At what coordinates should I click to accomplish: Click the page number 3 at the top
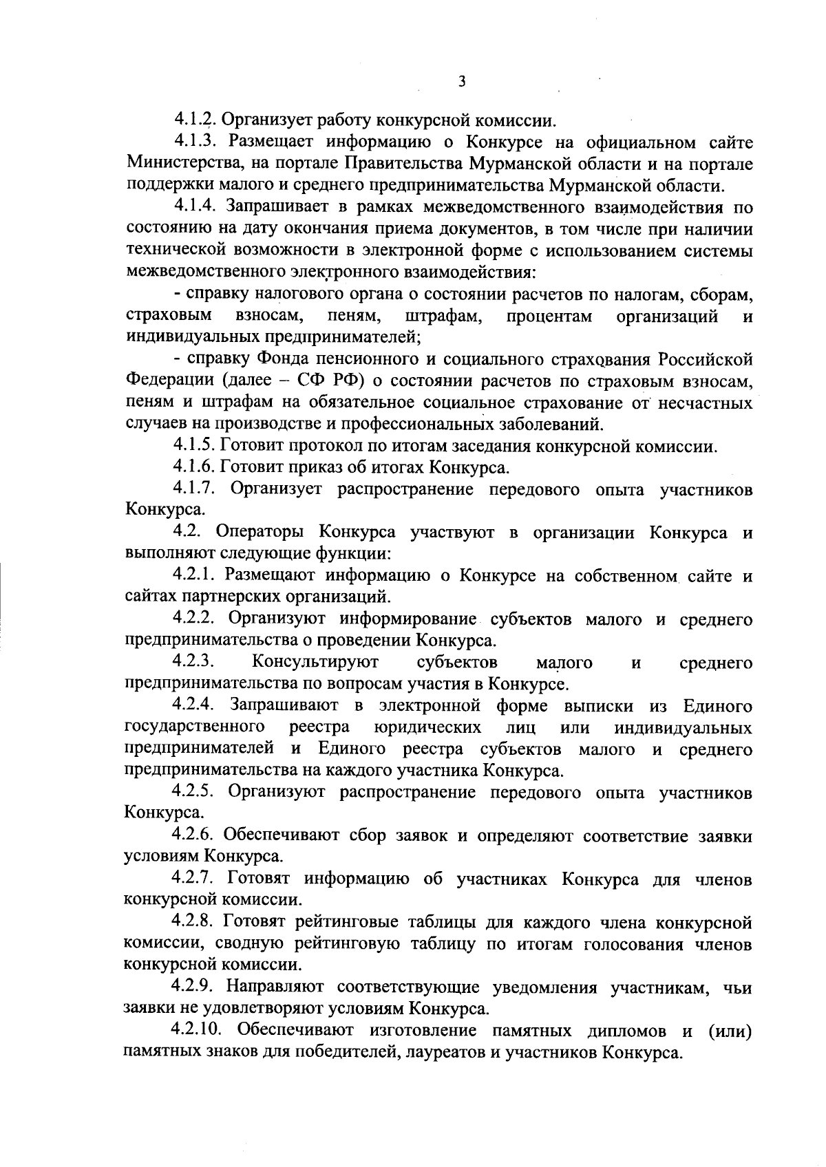462,82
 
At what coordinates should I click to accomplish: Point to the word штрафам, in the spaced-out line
438,317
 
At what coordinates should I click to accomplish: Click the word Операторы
260,533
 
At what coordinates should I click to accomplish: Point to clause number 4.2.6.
195,836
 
